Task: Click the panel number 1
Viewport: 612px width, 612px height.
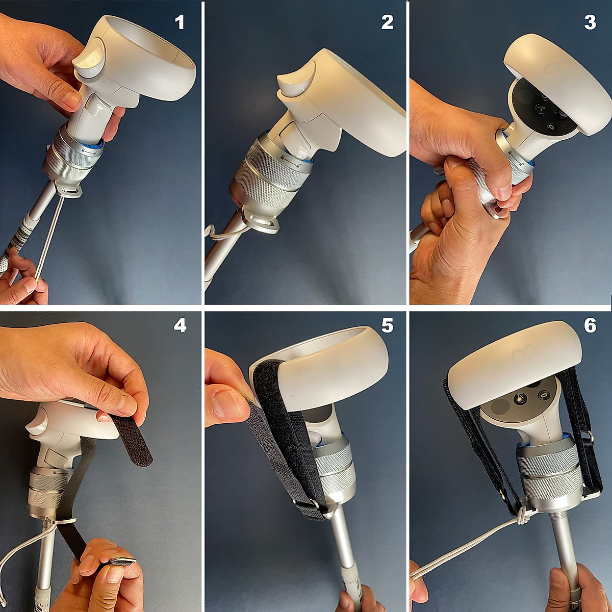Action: tap(180, 22)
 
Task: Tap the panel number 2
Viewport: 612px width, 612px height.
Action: tap(387, 22)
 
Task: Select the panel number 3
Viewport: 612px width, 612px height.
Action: tap(590, 22)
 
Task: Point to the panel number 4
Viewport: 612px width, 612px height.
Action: tap(180, 325)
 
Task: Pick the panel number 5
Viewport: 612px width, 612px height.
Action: tap(387, 325)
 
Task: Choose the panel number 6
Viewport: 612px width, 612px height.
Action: tap(590, 325)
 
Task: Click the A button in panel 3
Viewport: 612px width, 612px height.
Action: tap(540, 108)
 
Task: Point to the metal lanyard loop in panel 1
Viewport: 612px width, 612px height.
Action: tap(69, 190)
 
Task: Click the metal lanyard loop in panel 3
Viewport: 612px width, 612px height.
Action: tap(495, 210)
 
